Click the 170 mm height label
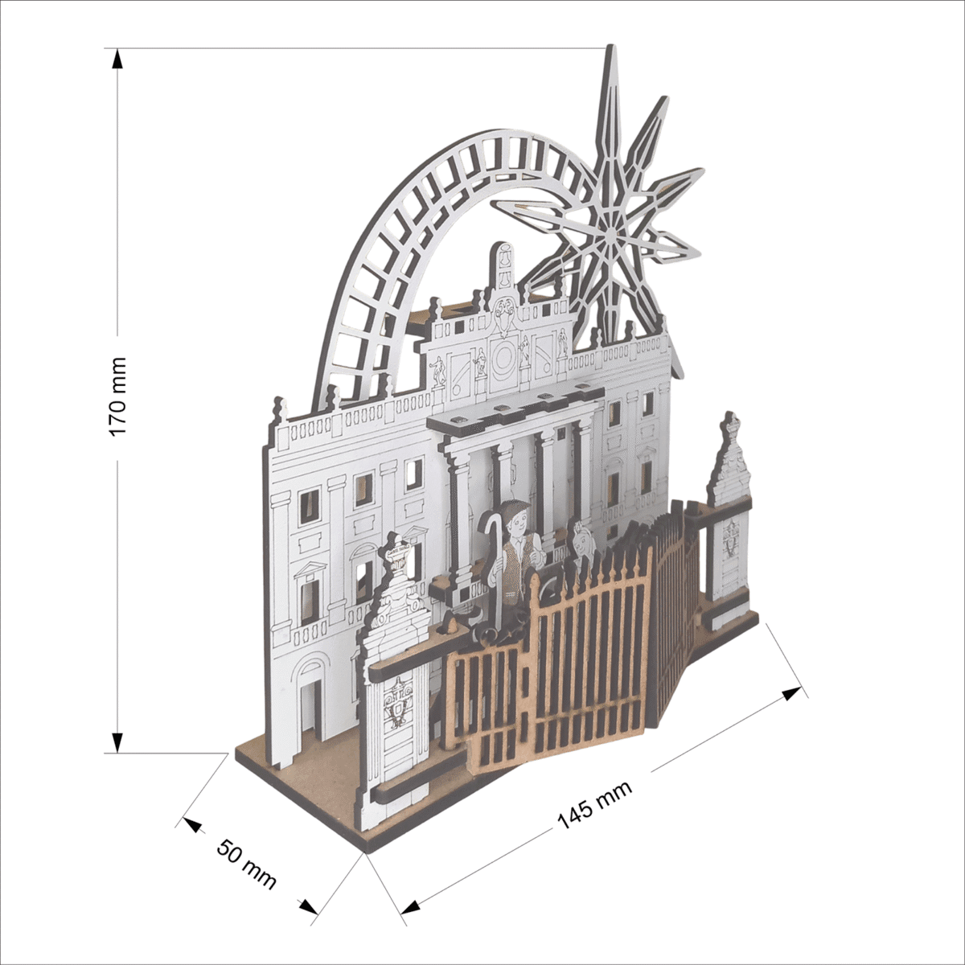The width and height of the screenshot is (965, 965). (118, 397)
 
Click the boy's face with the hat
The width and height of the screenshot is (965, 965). (515, 522)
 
